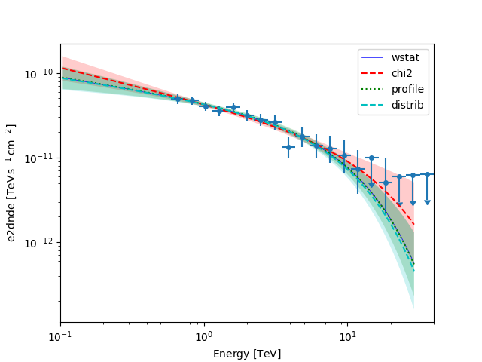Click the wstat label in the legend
tap(404, 57)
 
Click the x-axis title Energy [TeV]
tap(247, 354)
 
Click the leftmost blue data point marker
tap(178, 98)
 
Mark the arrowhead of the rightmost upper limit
tap(427, 202)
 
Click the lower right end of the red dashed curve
tap(413, 224)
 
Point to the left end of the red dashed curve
tap(62, 69)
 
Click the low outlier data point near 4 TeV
tap(288, 147)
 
